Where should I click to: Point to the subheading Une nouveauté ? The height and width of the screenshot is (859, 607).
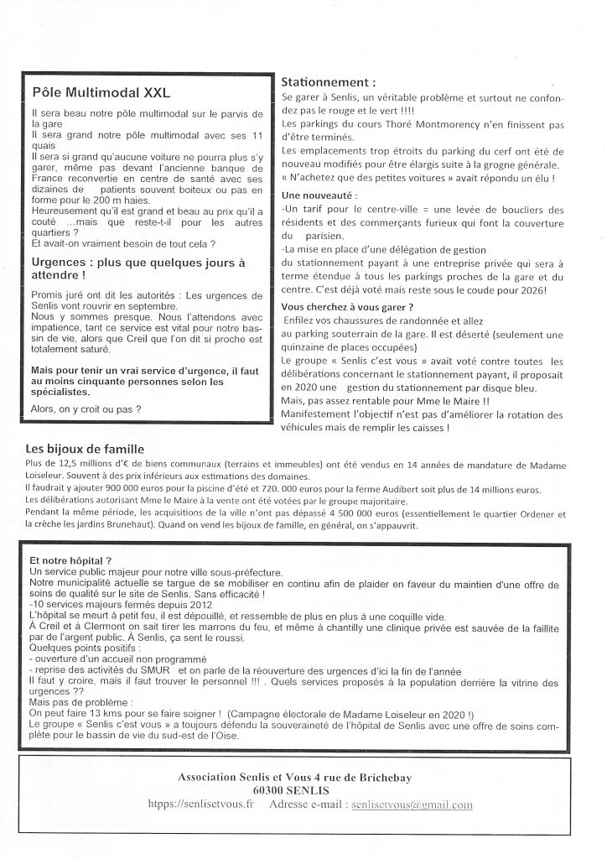(320, 192)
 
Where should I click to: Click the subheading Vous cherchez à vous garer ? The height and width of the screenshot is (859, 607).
(347, 308)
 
